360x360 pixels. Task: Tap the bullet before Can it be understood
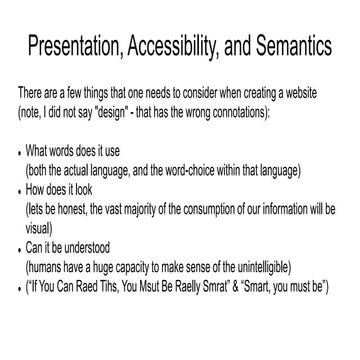coord(20,254)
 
